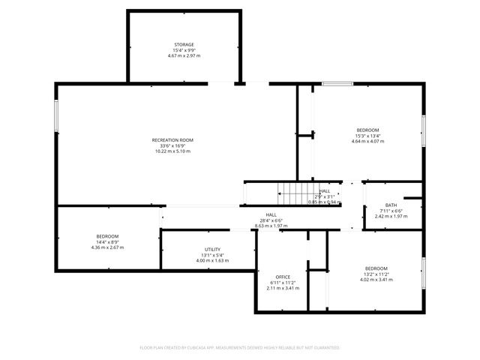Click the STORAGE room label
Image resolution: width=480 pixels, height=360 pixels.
click(184, 44)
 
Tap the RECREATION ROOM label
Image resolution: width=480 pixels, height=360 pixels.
click(172, 140)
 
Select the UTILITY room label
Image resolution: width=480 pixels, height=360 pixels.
click(212, 250)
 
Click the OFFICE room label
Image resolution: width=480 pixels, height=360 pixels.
click(283, 277)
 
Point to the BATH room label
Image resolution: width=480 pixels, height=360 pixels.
click(391, 205)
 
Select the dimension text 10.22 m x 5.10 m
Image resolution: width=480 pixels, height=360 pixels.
click(172, 151)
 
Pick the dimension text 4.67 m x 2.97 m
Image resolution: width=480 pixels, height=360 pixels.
click(184, 55)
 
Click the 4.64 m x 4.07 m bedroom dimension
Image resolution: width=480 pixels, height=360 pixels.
click(367, 141)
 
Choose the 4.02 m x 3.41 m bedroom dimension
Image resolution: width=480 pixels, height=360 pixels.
click(376, 280)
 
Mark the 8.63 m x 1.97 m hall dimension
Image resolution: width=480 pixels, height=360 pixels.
click(271, 225)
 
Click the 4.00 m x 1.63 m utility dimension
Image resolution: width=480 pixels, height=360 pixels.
click(212, 260)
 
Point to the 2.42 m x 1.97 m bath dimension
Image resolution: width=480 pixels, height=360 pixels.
click(391, 217)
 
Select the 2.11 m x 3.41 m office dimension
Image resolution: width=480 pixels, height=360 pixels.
click(283, 287)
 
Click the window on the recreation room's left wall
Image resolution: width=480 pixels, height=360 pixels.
click(56, 118)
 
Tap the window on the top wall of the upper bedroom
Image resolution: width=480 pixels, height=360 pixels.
click(337, 84)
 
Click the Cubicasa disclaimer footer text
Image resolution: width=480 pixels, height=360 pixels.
click(240, 347)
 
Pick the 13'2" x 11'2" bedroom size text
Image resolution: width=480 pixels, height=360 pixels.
click(376, 274)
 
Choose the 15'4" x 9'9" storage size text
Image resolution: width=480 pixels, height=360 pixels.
click(184, 50)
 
